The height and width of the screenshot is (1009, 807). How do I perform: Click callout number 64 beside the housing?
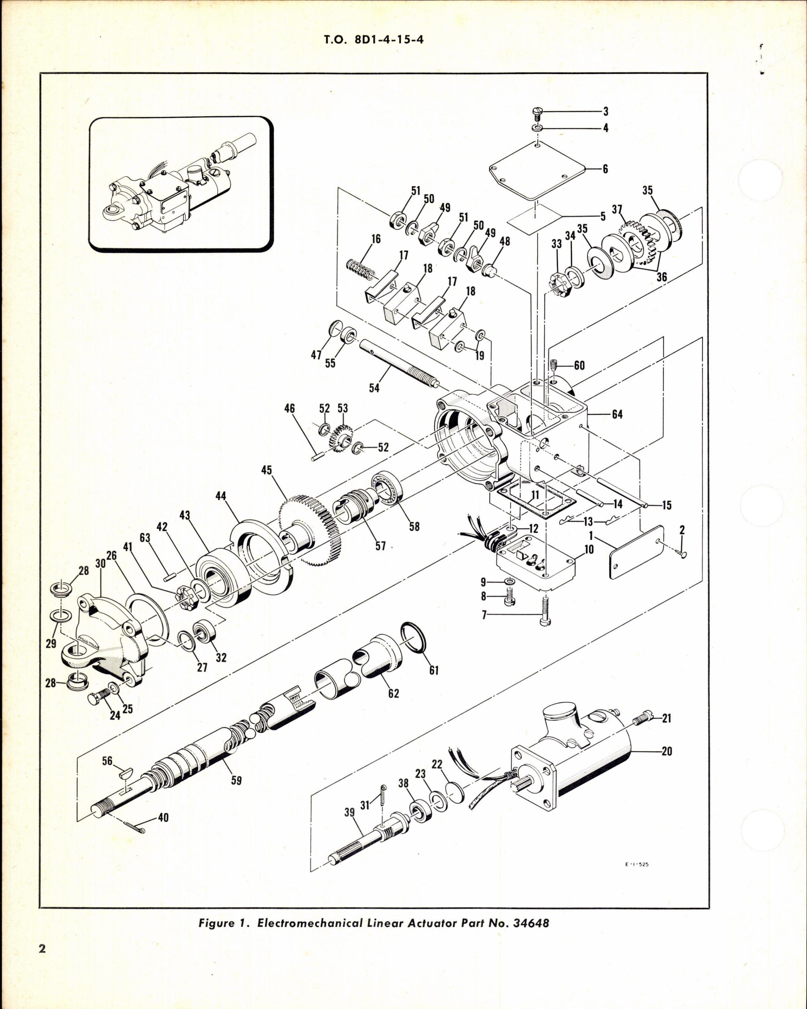(617, 414)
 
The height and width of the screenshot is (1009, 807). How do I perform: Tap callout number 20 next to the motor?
(667, 751)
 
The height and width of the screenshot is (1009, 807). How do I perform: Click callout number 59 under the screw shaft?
(236, 780)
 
